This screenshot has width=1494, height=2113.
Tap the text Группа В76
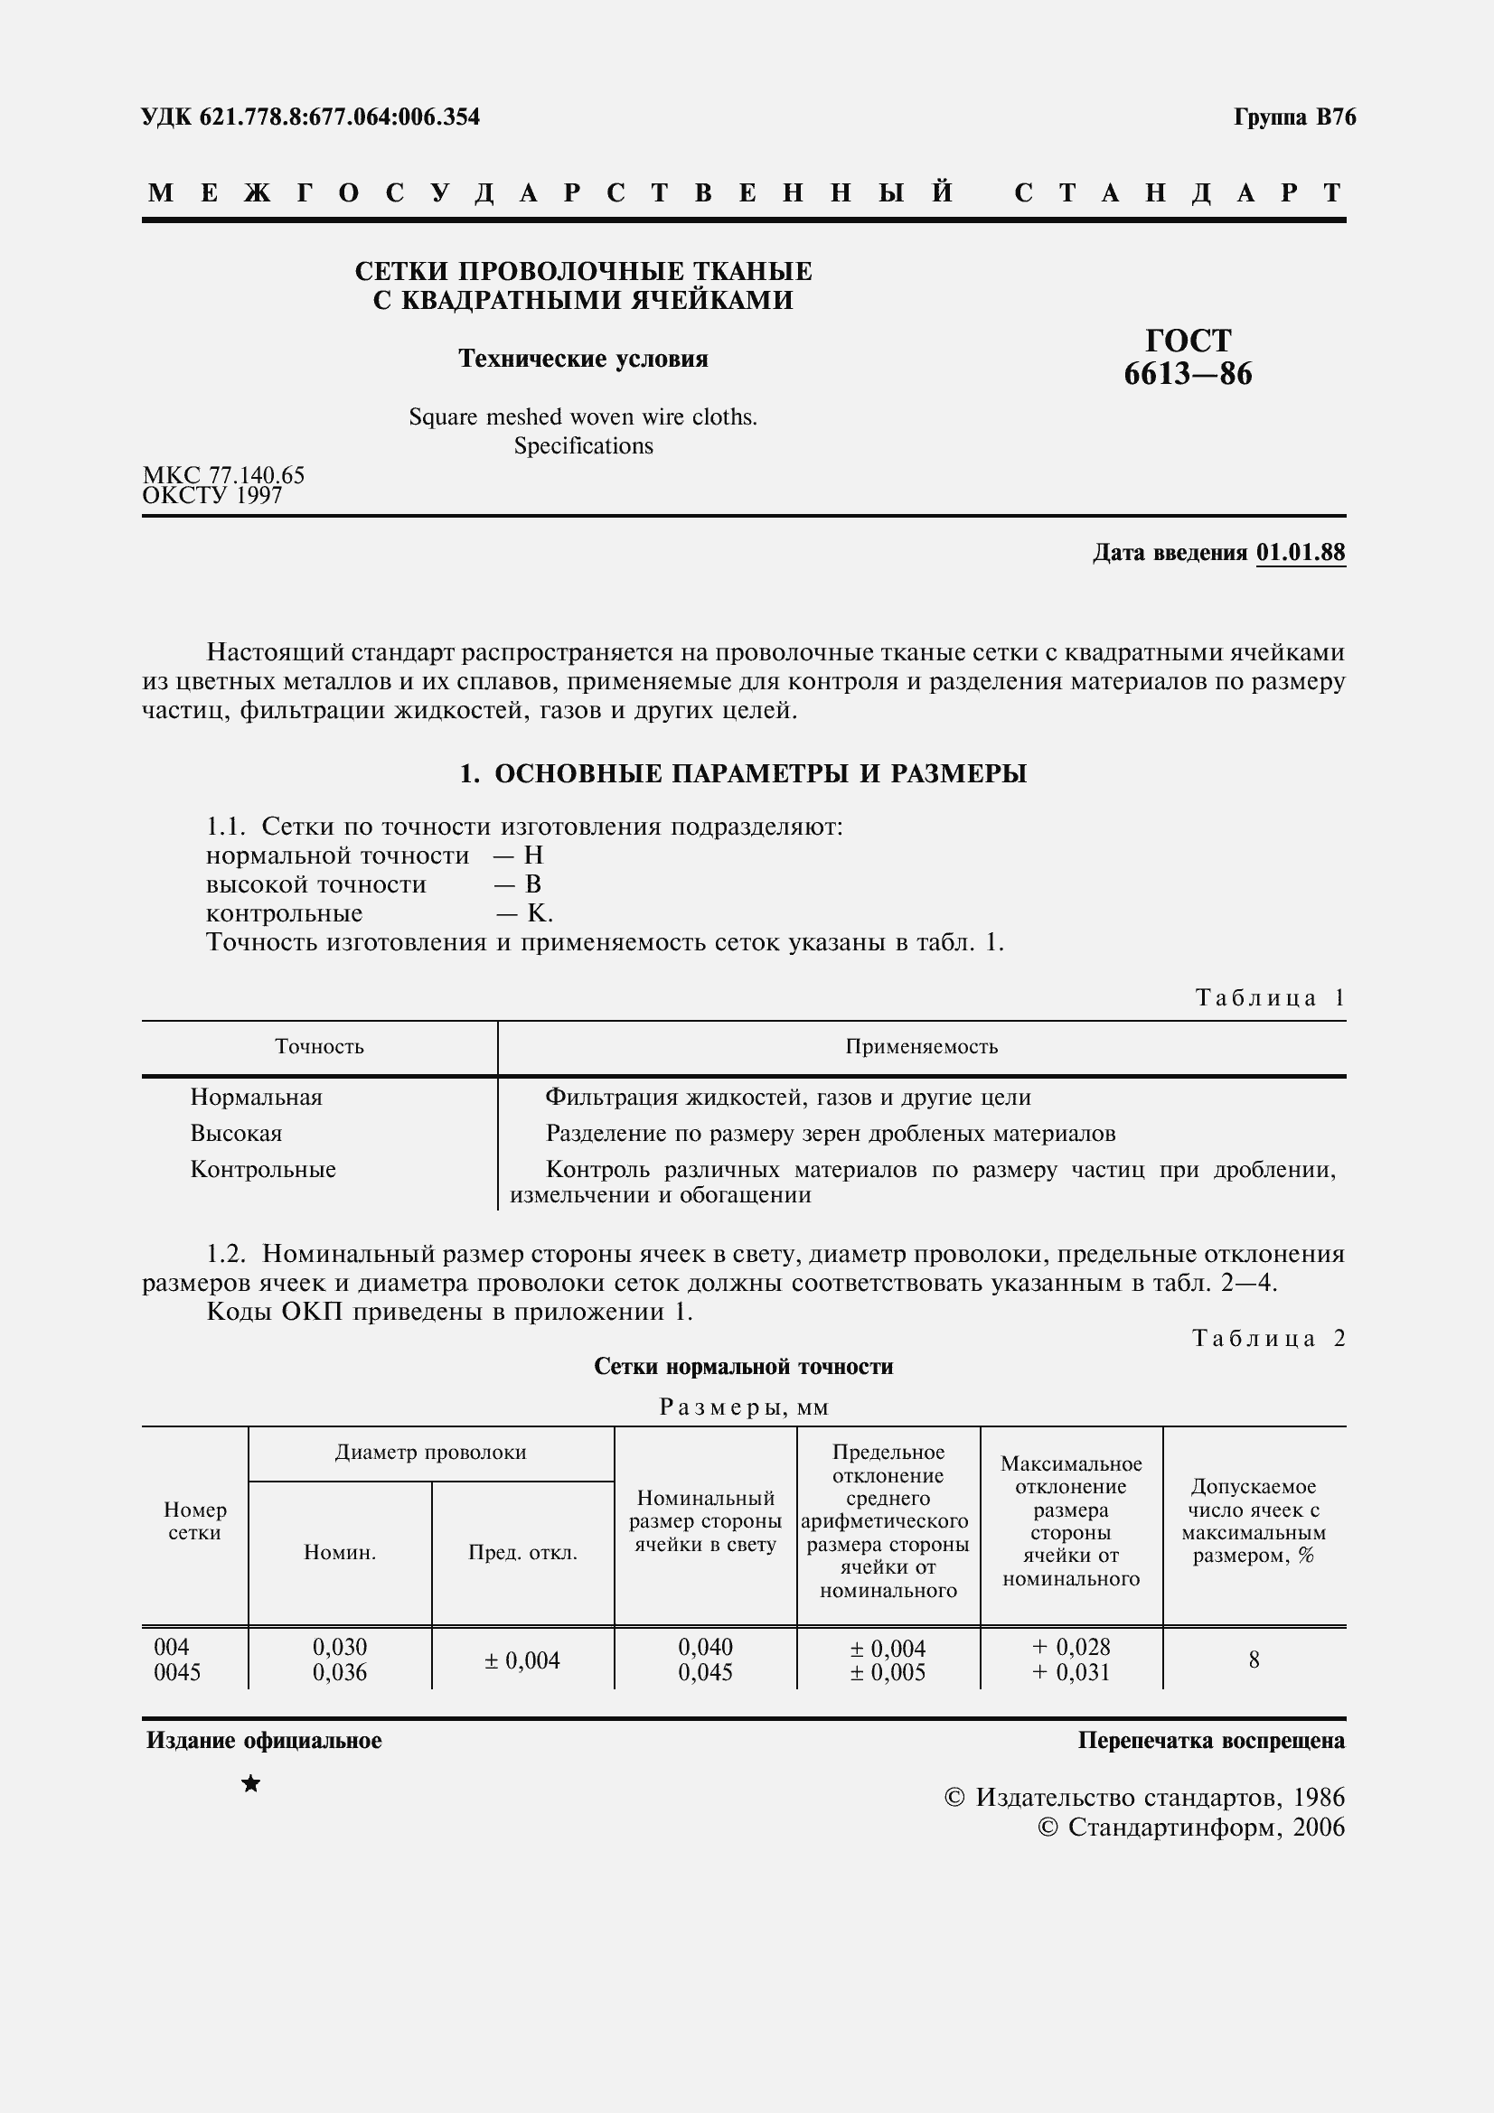(x=1294, y=117)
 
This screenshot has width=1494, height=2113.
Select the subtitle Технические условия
(x=584, y=358)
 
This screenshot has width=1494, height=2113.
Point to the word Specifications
(x=584, y=446)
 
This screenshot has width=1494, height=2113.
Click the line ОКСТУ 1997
(x=212, y=496)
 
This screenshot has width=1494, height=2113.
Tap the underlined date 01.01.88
(x=1300, y=552)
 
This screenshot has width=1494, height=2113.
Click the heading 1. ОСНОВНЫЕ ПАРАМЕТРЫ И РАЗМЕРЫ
(x=743, y=774)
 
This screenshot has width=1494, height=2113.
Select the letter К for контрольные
(x=537, y=913)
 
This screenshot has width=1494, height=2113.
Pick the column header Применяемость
(x=922, y=1046)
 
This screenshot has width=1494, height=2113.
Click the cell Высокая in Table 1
(x=237, y=1133)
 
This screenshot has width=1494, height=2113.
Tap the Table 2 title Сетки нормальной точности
(x=743, y=1367)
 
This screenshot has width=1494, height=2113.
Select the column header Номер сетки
(x=195, y=1521)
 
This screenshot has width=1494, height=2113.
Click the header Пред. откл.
(x=522, y=1553)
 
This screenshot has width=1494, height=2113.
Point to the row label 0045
(x=178, y=1672)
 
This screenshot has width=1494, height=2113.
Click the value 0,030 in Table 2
(x=340, y=1647)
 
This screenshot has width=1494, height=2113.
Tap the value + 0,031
(x=1070, y=1672)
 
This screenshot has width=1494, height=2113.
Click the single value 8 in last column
(x=1254, y=1660)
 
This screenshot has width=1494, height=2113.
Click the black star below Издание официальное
(x=250, y=1784)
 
